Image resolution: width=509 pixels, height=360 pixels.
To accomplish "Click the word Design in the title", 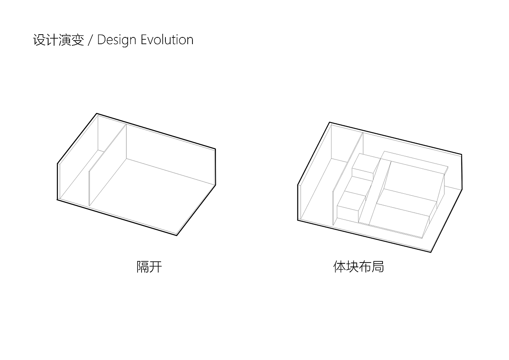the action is pos(117,40).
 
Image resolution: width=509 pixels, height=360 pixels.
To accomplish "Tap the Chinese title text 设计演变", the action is pos(58,40).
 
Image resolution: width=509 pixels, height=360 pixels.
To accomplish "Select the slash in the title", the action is pos(90,40).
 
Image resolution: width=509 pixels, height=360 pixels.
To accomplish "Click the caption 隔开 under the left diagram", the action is pos(149,267).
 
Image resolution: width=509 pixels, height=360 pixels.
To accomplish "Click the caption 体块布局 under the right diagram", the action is pos(359,267).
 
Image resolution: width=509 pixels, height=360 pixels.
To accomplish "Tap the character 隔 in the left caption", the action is pos(143,267).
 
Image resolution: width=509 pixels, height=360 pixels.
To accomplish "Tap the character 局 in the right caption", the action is pos(378,267).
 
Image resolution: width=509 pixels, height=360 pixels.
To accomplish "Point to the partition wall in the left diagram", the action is pos(108,165).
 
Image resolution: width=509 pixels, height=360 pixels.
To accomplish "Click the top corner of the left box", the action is pos(97,114).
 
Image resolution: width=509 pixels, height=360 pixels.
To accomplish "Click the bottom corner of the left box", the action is pos(177,235).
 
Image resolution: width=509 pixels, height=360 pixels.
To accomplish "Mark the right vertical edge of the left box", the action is pos(215,167).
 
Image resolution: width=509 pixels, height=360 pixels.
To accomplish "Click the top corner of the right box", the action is pos(330,123).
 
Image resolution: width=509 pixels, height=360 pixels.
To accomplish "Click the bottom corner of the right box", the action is pos(431,252).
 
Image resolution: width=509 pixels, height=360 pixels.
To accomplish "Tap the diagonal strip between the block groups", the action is pos(375,192).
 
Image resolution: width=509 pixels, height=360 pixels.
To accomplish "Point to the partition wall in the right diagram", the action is pos(348,179).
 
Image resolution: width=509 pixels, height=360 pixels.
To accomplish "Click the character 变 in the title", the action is pos(78,40).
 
